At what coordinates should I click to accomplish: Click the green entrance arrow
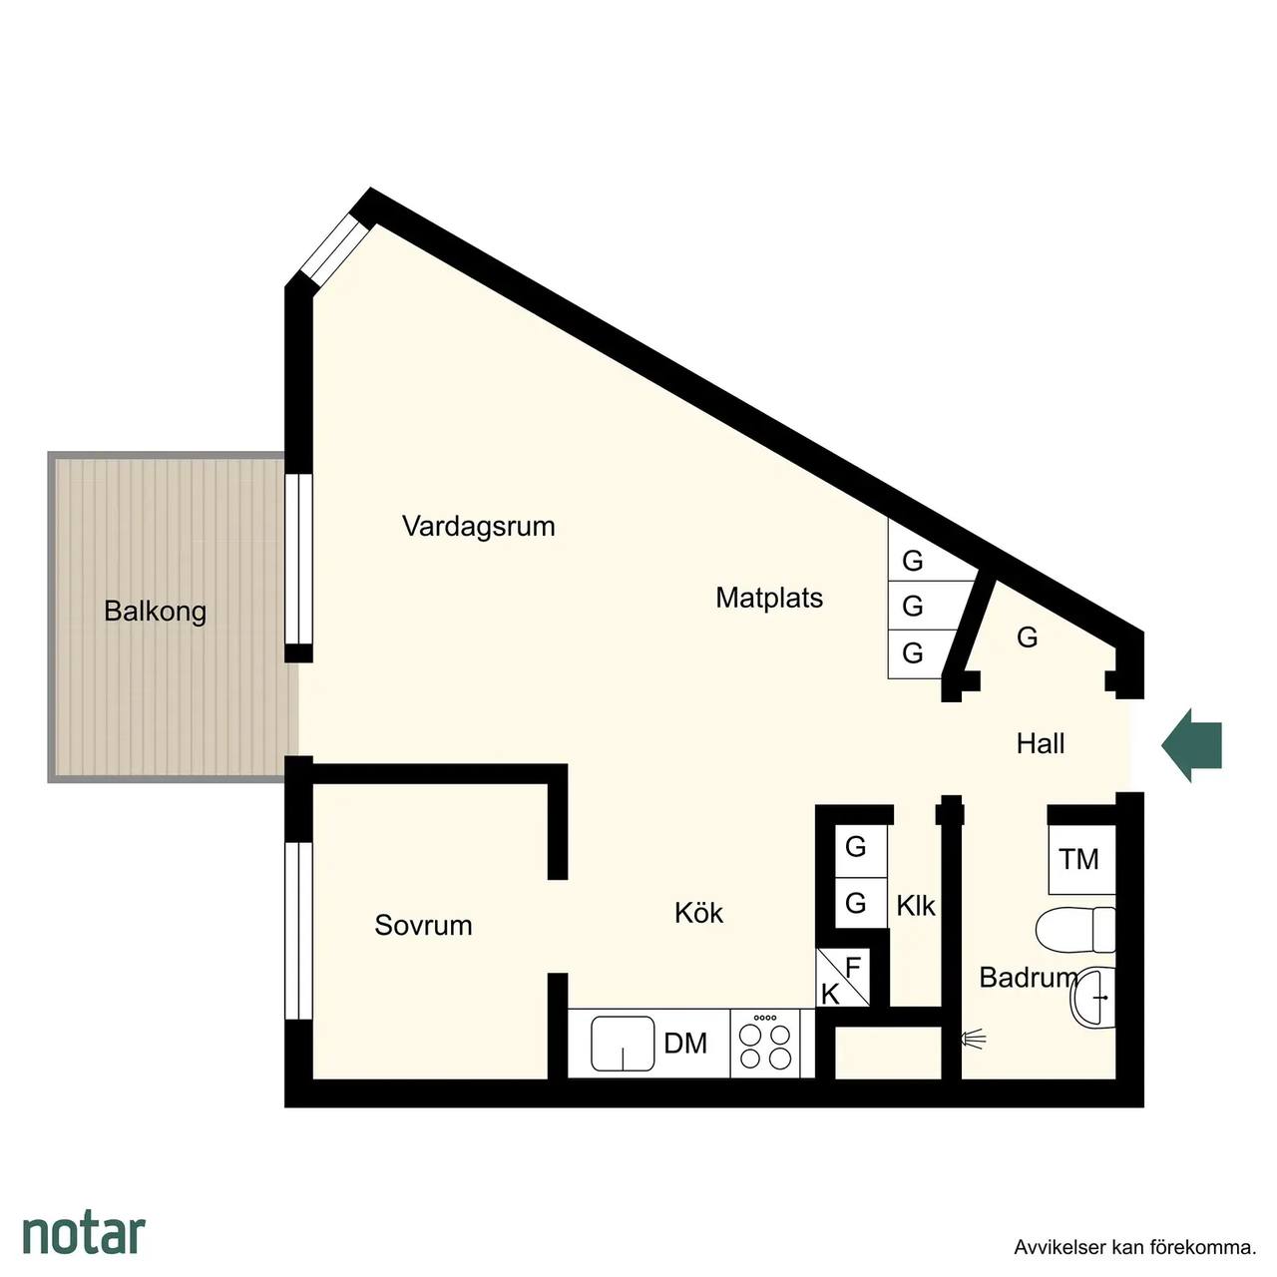tap(1190, 745)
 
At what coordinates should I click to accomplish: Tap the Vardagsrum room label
tap(479, 527)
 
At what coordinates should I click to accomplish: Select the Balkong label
tap(155, 611)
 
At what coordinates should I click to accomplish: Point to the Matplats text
tap(769, 598)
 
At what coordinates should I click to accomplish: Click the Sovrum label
tap(423, 925)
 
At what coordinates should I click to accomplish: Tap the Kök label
tap(698, 913)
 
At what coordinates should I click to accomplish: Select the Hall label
tap(1041, 743)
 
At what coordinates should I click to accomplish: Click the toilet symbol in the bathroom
tap(1074, 929)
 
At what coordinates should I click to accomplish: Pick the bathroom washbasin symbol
tap(1092, 998)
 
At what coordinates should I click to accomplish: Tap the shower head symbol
tap(973, 1039)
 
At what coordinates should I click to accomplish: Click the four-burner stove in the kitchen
tap(765, 1044)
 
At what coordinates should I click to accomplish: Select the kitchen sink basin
tap(623, 1044)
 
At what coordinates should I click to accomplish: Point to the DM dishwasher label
tap(685, 1044)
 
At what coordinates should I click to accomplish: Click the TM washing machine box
tap(1081, 859)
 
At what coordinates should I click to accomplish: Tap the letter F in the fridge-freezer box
tap(853, 967)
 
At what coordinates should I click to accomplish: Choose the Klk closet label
tap(915, 906)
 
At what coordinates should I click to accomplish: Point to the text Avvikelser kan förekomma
tap(1134, 1247)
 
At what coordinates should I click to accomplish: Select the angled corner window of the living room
tap(334, 248)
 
